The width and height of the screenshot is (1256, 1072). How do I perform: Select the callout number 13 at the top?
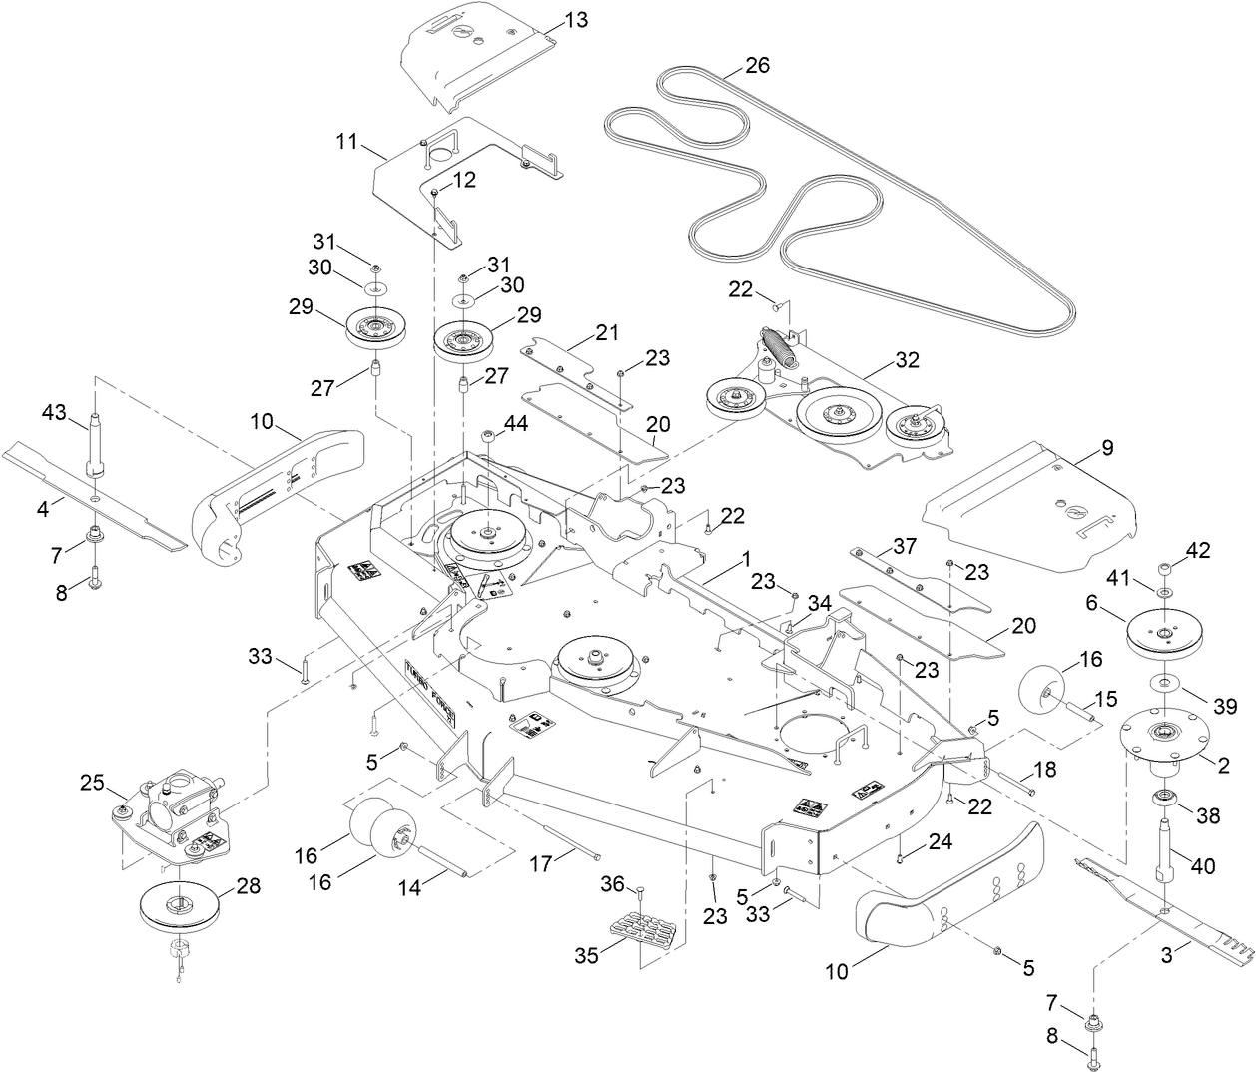pos(576,19)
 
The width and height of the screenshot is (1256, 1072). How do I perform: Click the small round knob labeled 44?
pos(490,436)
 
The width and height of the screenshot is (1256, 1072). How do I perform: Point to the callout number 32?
pos(908,360)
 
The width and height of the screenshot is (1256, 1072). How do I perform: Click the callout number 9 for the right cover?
pos(1105,448)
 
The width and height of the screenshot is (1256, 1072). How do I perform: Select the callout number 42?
pos(1196,550)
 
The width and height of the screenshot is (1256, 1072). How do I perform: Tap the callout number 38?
pos(1207,815)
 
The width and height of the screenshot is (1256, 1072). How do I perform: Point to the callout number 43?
pos(55,412)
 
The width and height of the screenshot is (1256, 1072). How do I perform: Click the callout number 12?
pos(464,181)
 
